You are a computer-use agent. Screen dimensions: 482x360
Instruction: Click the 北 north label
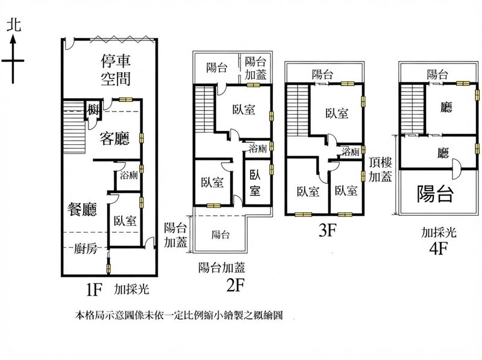pos(14,25)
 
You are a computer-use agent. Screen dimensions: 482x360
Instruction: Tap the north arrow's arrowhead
pos(13,39)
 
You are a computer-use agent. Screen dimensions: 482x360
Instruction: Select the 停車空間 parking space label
pos(116,70)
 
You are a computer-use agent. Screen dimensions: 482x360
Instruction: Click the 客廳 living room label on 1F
pos(114,138)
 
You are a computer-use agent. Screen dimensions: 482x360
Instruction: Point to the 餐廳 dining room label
pos(82,209)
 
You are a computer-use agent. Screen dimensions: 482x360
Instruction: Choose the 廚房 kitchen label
pos(86,248)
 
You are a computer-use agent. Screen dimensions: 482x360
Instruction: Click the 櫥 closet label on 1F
pos(92,110)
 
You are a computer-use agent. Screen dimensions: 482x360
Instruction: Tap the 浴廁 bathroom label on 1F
pos(129,175)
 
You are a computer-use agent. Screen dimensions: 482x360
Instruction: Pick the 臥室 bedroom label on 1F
pos(125,221)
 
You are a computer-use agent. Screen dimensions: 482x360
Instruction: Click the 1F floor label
pos(94,289)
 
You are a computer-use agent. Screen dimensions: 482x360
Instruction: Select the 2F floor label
pos(235,286)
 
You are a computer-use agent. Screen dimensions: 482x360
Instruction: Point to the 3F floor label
pos(328,230)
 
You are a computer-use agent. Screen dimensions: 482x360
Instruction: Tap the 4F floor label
pos(439,248)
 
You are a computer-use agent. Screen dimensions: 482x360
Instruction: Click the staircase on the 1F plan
pos(74,126)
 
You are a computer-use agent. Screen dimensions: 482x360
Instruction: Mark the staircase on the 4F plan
pos(412,109)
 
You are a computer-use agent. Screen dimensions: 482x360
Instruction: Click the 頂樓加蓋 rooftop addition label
pos(380,170)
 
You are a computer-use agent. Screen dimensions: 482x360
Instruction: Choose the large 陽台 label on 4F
pos(435,194)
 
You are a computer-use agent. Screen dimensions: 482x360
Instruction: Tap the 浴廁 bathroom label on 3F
pos(351,151)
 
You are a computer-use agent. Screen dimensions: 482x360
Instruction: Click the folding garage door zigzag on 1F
pos(122,39)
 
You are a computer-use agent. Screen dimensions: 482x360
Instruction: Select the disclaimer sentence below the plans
pos(179,315)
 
